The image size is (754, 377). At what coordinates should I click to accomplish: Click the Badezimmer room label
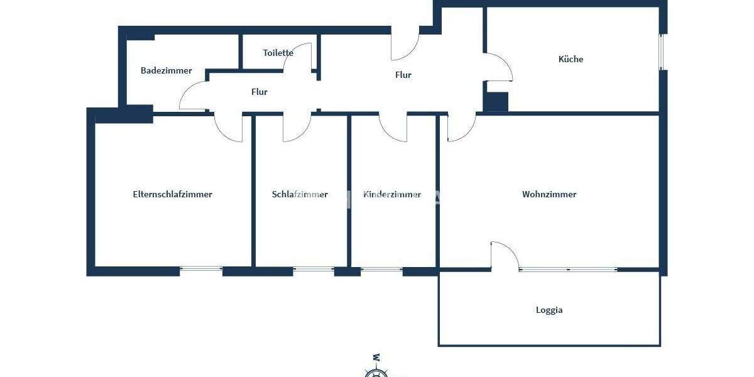pyautogui.click(x=166, y=70)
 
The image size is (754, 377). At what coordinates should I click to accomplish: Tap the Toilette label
pyautogui.click(x=278, y=53)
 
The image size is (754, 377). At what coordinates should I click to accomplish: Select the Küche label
pyautogui.click(x=571, y=59)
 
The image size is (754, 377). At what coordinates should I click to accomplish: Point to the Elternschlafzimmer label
pyautogui.click(x=172, y=194)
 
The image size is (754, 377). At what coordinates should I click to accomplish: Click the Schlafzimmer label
pyautogui.click(x=300, y=194)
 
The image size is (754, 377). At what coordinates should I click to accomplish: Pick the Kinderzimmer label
pyautogui.click(x=392, y=194)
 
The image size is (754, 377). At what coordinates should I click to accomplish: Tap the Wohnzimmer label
pyautogui.click(x=549, y=194)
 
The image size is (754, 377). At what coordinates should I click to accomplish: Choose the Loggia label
pyautogui.click(x=549, y=310)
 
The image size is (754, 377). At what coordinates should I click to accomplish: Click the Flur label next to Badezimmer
pyautogui.click(x=259, y=92)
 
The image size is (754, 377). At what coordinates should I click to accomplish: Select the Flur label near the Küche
pyautogui.click(x=403, y=75)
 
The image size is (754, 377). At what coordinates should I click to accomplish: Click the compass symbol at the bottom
pyautogui.click(x=376, y=371)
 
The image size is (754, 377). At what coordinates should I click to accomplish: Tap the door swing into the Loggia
pyautogui.click(x=505, y=255)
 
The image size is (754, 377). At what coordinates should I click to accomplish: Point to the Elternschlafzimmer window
pyautogui.click(x=201, y=269)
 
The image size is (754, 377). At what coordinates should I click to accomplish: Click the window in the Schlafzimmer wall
pyautogui.click(x=314, y=270)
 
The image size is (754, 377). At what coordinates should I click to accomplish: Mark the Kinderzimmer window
pyautogui.click(x=381, y=270)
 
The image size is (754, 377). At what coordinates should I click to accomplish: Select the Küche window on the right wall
pyautogui.click(x=661, y=52)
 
